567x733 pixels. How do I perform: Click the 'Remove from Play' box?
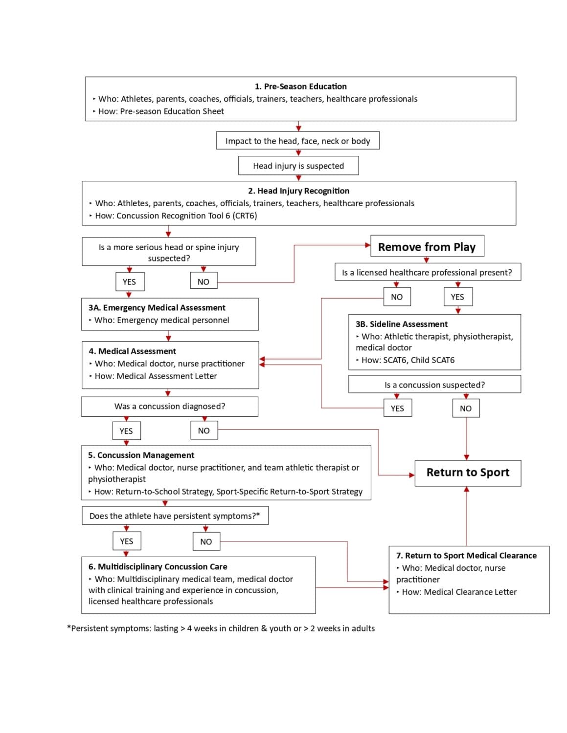point(427,246)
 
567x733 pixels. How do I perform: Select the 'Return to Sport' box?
point(468,473)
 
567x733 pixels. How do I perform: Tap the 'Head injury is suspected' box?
point(298,166)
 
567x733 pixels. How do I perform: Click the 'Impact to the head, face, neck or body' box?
point(297,141)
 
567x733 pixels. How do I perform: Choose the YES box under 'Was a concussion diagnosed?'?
point(126,431)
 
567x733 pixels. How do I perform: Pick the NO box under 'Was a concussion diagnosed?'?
point(204,431)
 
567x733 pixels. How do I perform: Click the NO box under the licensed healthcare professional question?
point(397,297)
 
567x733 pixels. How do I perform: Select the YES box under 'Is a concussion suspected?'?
point(397,408)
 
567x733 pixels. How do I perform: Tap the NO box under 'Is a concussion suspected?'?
point(466,408)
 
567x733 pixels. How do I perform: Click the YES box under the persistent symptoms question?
point(126,541)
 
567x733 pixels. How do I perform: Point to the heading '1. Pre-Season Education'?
point(300,86)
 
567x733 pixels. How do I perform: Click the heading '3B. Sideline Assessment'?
point(402,324)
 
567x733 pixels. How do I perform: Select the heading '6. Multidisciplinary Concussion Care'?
point(158,566)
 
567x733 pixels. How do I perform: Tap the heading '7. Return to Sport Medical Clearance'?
point(466,556)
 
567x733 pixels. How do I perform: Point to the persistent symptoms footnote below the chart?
point(221,628)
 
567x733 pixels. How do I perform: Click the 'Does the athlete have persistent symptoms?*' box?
point(175,516)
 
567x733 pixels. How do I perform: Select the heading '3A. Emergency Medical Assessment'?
point(157,307)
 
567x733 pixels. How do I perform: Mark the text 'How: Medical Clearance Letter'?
point(459,592)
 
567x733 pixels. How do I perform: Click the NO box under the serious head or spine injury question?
point(204,281)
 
